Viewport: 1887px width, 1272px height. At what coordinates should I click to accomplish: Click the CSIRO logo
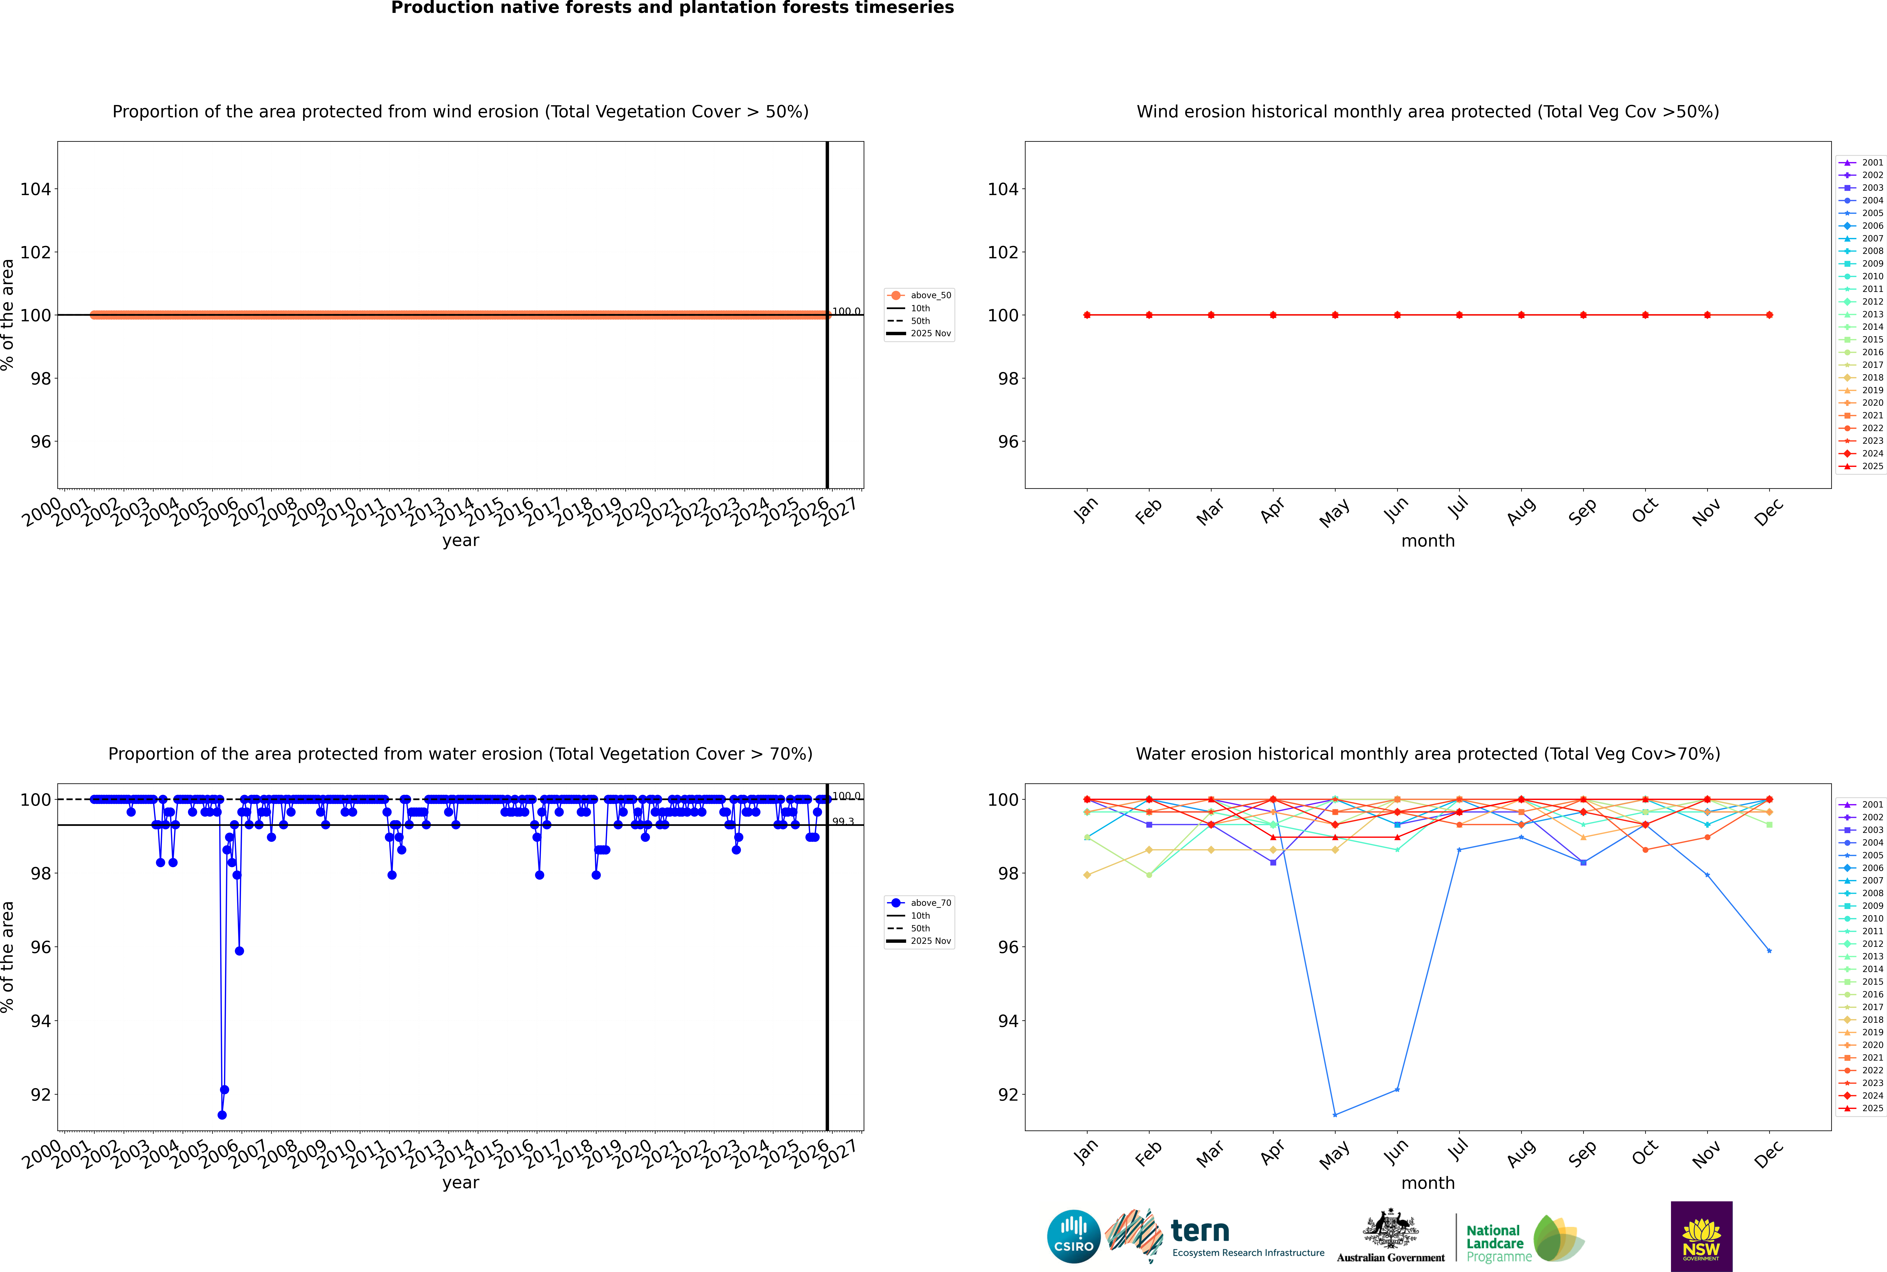click(x=1073, y=1236)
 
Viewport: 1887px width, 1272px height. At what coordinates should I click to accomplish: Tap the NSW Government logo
click(x=1701, y=1236)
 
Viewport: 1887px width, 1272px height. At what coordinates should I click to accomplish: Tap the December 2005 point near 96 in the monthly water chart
click(x=1769, y=951)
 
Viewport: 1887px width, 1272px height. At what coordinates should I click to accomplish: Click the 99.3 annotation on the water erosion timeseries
click(x=843, y=822)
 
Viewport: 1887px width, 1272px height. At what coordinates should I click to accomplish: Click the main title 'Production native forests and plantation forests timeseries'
click(x=673, y=8)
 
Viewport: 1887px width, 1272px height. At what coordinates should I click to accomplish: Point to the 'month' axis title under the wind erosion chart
click(x=1428, y=541)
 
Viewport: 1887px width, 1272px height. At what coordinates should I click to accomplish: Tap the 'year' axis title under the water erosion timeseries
click(x=461, y=1183)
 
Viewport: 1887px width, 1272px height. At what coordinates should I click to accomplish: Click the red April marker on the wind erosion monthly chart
click(x=1273, y=315)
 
